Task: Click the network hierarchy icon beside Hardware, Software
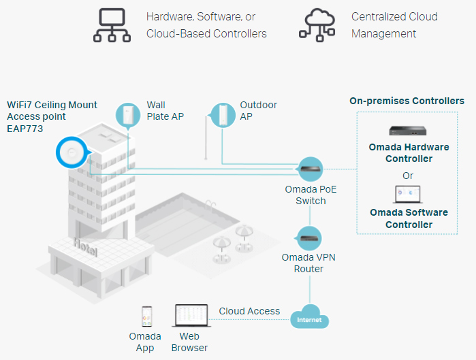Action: [112, 25]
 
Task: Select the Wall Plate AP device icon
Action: [127, 115]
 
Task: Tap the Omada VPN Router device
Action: [311, 238]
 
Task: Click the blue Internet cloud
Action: [309, 317]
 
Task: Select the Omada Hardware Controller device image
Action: [407, 130]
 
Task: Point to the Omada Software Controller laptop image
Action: [407, 195]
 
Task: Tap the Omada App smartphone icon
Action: [146, 316]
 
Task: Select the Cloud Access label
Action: [249, 311]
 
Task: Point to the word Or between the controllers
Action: [408, 175]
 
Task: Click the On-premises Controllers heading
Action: [407, 101]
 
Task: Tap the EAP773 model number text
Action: [25, 127]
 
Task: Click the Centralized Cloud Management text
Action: [394, 24]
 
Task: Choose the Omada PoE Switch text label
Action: [311, 195]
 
